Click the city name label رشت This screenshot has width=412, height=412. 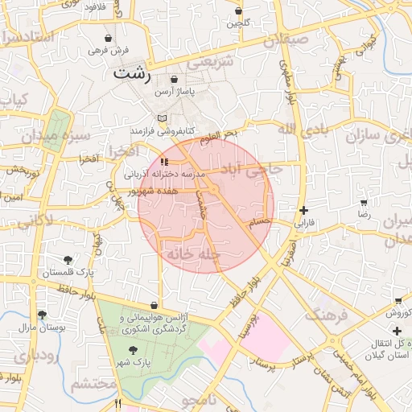pyautogui.click(x=133, y=73)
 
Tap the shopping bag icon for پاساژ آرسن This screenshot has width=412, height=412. pyautogui.click(x=175, y=80)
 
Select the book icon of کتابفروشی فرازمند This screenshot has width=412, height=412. pyautogui.click(x=162, y=118)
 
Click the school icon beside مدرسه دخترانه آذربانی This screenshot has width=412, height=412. pyautogui.click(x=165, y=163)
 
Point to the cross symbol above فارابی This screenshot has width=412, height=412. pyautogui.click(x=303, y=209)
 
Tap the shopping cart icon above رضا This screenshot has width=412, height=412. pyautogui.click(x=364, y=203)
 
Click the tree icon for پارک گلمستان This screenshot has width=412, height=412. pyautogui.click(x=68, y=260)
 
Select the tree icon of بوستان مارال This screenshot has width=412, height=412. pyautogui.click(x=42, y=315)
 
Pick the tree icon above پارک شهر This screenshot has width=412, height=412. pyautogui.click(x=133, y=349)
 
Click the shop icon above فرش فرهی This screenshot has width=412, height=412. pyautogui.click(x=108, y=38)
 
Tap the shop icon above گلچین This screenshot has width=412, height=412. pyautogui.click(x=239, y=11)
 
